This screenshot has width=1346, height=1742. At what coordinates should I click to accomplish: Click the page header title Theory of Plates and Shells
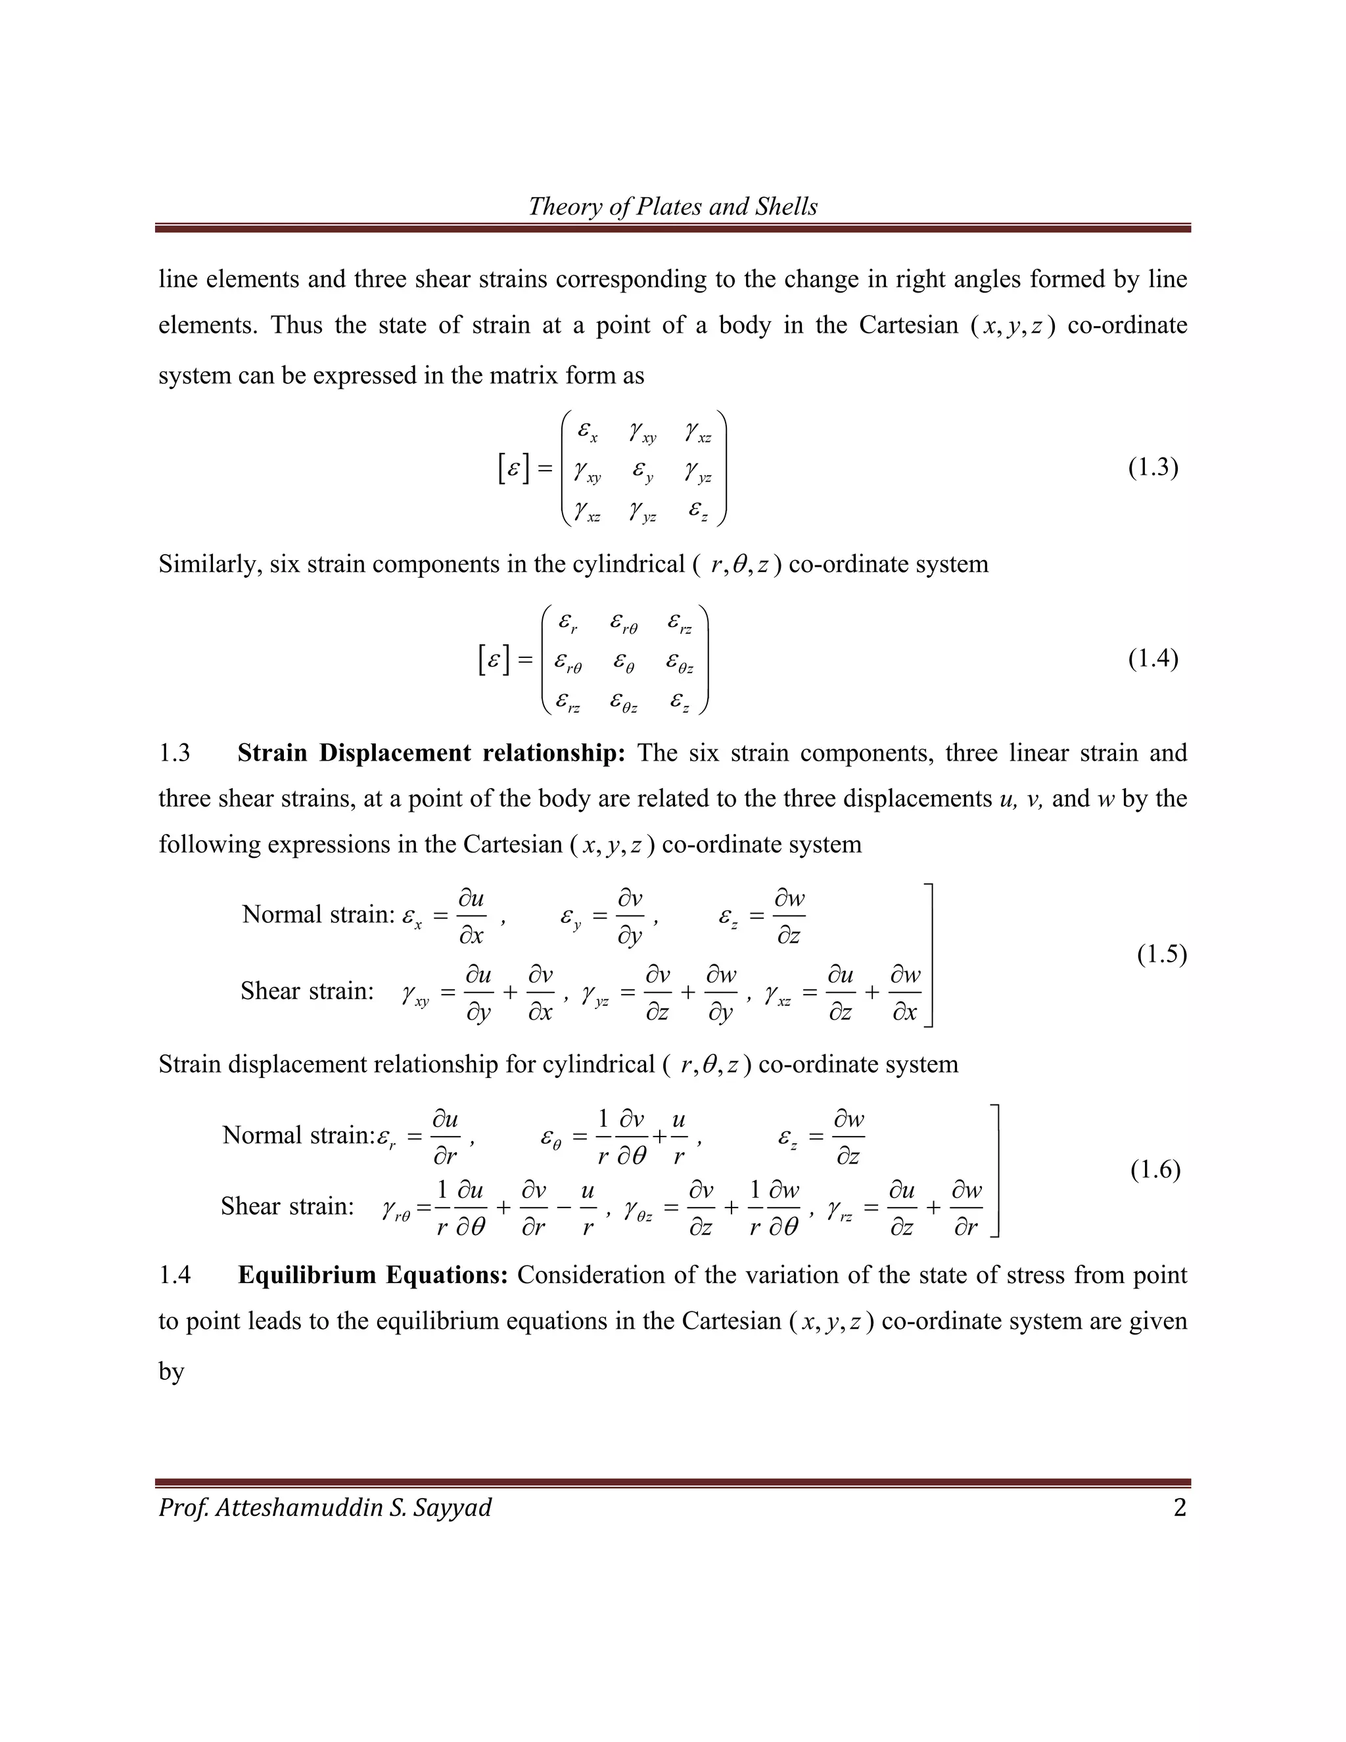672,206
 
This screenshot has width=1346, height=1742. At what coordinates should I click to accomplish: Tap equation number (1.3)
1152,467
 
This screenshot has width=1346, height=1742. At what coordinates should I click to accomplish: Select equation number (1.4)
1152,659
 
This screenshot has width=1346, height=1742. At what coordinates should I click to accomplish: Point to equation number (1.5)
1161,954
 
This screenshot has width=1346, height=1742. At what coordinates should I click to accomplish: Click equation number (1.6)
1155,1170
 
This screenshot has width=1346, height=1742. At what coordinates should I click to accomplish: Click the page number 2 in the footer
1179,1507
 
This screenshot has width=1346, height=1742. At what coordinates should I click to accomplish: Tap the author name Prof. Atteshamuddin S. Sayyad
325,1507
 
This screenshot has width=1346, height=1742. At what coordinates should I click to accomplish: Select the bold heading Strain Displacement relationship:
430,753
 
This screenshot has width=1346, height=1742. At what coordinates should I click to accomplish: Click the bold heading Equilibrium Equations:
373,1275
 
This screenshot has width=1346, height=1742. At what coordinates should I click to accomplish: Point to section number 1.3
175,753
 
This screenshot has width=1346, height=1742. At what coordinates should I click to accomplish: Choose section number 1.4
175,1275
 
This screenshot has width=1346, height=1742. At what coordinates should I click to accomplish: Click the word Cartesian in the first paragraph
908,325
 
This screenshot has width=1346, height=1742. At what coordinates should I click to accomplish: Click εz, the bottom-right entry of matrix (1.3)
698,509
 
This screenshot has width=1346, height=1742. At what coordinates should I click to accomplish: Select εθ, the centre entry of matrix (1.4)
623,661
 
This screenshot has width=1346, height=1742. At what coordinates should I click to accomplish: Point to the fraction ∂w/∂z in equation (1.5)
789,916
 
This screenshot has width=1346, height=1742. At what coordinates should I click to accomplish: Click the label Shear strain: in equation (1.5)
307,991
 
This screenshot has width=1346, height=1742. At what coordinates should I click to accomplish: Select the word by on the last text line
172,1371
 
